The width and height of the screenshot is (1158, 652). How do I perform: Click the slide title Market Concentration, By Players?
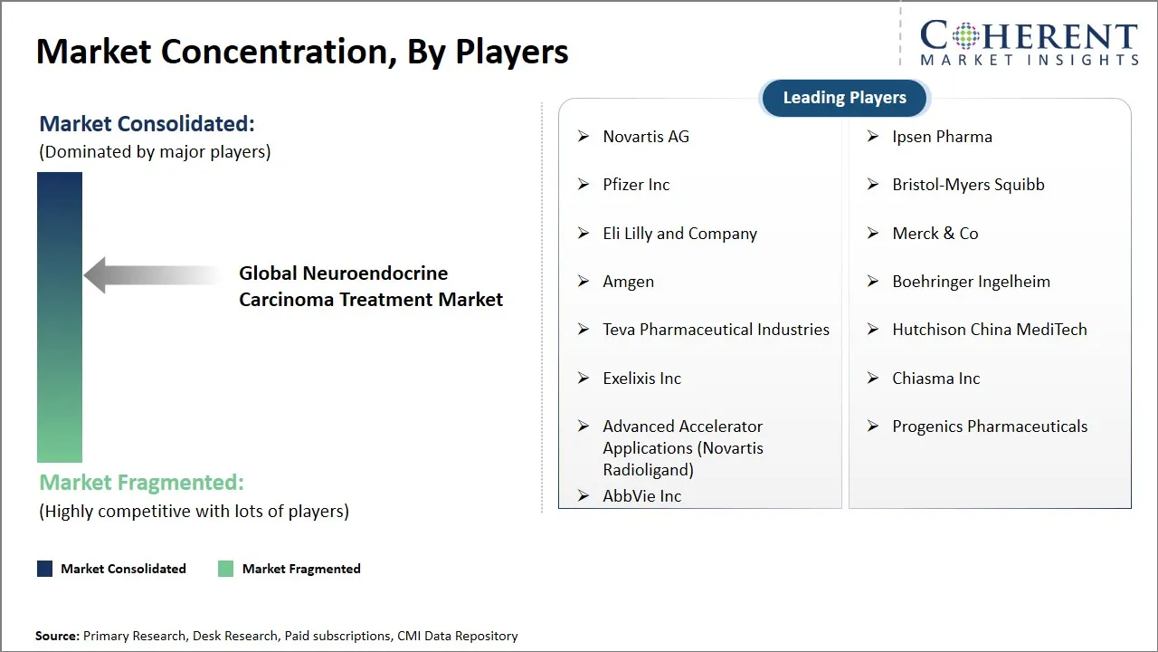pyautogui.click(x=302, y=52)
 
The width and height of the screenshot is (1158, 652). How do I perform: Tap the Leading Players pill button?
pyautogui.click(x=844, y=98)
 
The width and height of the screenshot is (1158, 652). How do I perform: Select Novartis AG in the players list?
pyautogui.click(x=645, y=137)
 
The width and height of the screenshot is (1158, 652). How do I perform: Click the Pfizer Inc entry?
pyautogui.click(x=636, y=185)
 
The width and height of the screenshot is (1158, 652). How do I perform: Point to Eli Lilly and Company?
pyautogui.click(x=679, y=234)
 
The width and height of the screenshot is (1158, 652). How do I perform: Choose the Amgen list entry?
pyautogui.click(x=628, y=282)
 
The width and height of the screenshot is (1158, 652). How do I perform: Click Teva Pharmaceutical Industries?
pyautogui.click(x=716, y=330)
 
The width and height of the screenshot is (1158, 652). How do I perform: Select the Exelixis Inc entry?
pyautogui.click(x=641, y=379)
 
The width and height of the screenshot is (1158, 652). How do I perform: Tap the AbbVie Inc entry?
pyautogui.click(x=641, y=496)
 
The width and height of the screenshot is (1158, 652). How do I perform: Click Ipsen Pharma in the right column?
pyautogui.click(x=942, y=137)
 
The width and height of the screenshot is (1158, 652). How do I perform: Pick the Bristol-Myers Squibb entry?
pyautogui.click(x=968, y=185)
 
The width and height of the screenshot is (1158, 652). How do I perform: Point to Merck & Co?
pyautogui.click(x=935, y=234)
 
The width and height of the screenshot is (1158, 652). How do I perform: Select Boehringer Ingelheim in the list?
pyautogui.click(x=971, y=282)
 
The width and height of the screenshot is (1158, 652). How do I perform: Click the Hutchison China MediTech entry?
pyautogui.click(x=989, y=330)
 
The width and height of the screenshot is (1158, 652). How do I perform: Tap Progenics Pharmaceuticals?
pyautogui.click(x=990, y=427)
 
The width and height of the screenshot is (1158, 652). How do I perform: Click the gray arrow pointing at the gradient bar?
pyautogui.click(x=149, y=275)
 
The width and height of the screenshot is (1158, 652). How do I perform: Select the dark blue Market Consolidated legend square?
pyautogui.click(x=44, y=569)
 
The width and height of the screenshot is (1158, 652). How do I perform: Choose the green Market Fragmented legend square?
pyautogui.click(x=226, y=569)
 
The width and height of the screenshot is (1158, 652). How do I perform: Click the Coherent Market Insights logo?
pyautogui.click(x=1029, y=43)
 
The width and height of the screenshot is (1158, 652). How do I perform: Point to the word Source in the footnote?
pyautogui.click(x=57, y=637)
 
